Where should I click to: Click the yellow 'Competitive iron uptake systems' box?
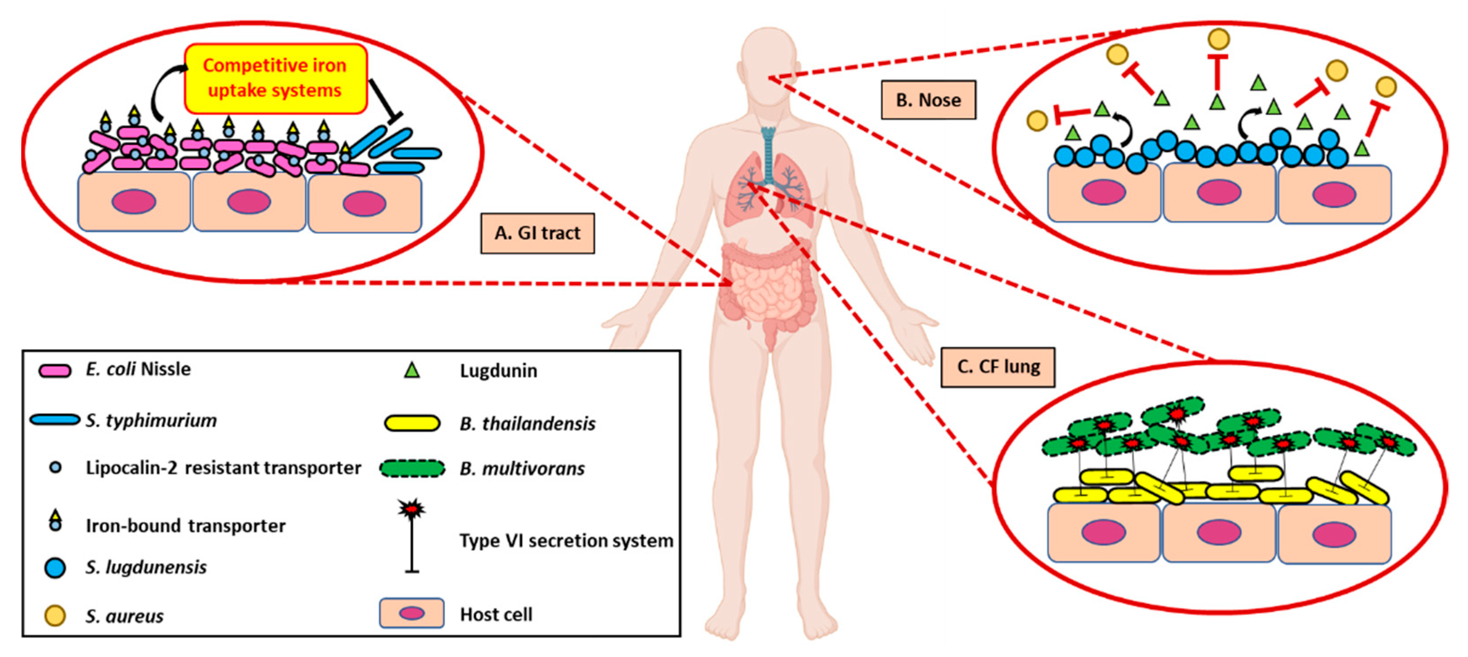click(x=275, y=79)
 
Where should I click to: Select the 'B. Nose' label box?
click(x=928, y=100)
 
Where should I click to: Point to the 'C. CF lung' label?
click(x=997, y=366)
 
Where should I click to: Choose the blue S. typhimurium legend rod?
click(x=55, y=420)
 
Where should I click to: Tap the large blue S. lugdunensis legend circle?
click(x=55, y=568)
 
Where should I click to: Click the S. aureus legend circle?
click(x=55, y=615)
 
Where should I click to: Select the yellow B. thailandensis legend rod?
click(x=412, y=424)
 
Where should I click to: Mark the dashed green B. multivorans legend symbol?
click(x=412, y=468)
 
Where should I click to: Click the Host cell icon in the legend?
click(x=412, y=613)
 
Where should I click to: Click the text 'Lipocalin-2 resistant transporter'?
click(x=223, y=468)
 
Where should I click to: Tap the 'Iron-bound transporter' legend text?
click(x=185, y=526)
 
